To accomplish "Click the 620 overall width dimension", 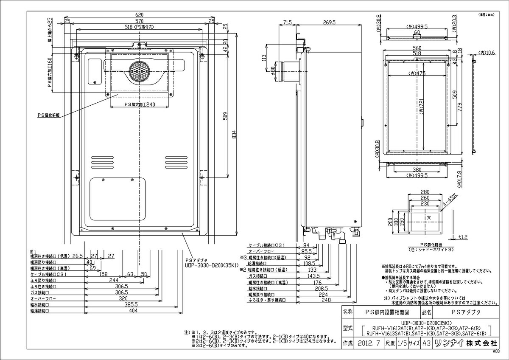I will [x=139, y=14].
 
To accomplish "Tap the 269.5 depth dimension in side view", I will [x=329, y=22].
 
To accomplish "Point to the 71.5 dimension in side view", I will [x=288, y=22].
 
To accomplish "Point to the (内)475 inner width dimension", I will [x=417, y=73].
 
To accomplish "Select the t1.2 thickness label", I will [x=463, y=236].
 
